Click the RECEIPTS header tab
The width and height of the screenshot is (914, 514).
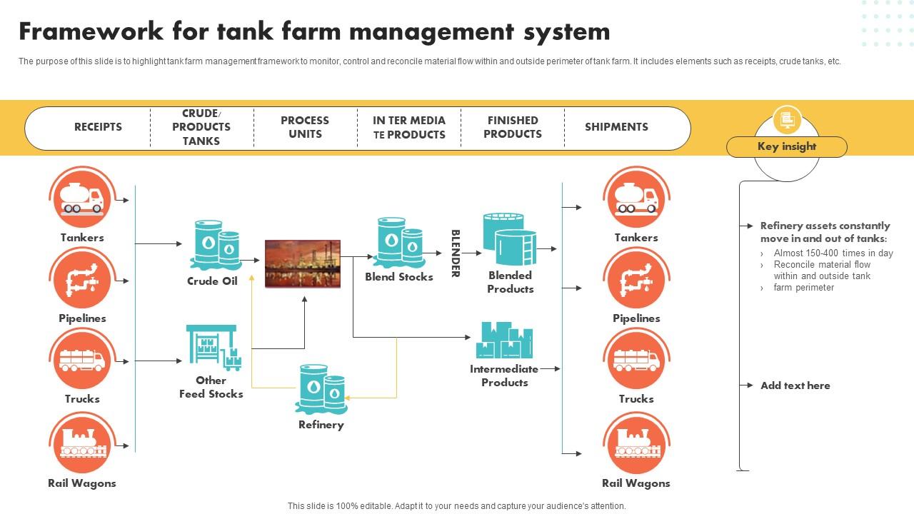[98, 127]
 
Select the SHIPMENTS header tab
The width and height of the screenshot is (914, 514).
[616, 127]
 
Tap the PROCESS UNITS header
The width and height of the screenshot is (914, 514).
[305, 127]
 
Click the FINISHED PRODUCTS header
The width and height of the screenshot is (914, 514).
[512, 127]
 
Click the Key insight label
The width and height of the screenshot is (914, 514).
[786, 147]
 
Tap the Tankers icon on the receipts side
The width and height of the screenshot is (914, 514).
[82, 198]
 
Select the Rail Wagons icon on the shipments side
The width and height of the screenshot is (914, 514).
[636, 443]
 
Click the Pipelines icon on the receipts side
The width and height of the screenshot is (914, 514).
[82, 279]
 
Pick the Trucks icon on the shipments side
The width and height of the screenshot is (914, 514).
[636, 360]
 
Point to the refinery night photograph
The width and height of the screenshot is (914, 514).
[303, 263]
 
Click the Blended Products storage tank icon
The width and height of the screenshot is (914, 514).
[509, 238]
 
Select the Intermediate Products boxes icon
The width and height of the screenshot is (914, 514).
[504, 341]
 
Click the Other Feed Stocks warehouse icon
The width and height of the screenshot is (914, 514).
[213, 348]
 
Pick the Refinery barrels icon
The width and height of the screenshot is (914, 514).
[321, 389]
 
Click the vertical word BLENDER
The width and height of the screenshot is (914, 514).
[456, 253]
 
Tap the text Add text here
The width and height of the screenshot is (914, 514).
[795, 385]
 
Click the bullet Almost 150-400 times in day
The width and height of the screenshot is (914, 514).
[833, 253]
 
